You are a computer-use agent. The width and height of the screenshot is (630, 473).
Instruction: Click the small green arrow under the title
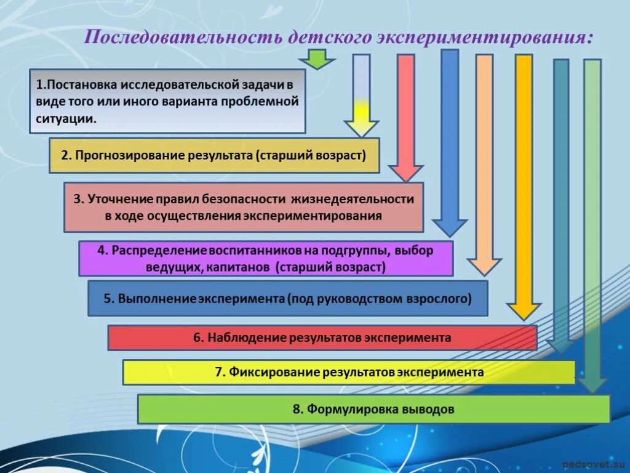pyautogui.click(x=317, y=61)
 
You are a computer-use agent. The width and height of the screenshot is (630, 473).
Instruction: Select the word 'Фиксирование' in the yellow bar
pyautogui.click(x=276, y=372)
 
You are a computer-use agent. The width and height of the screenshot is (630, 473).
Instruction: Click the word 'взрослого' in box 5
pyautogui.click(x=444, y=299)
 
